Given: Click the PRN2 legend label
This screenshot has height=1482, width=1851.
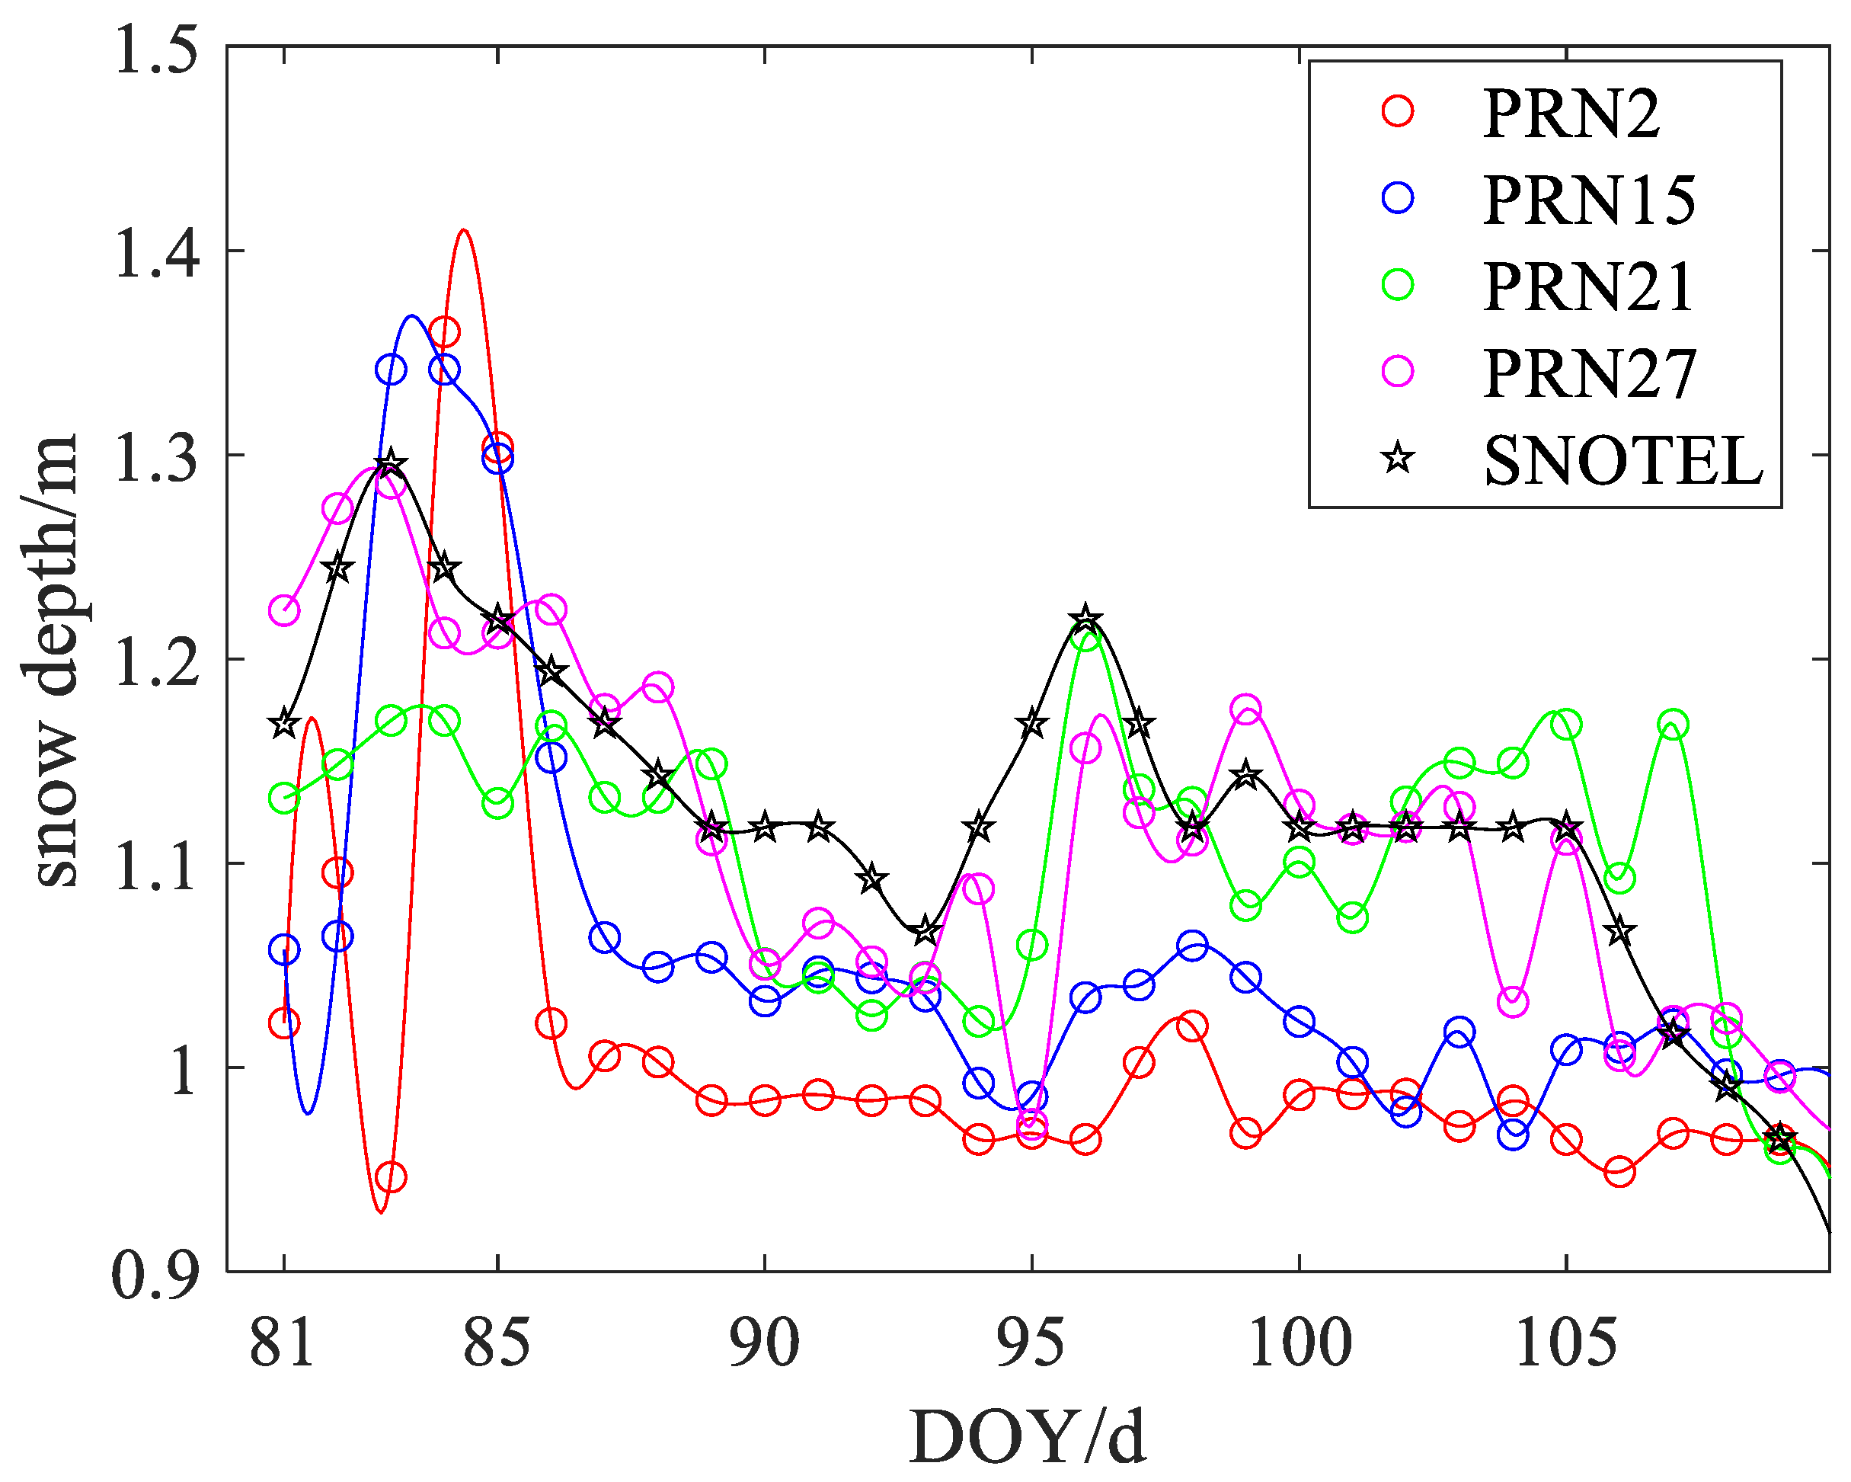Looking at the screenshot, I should pyautogui.click(x=1571, y=114).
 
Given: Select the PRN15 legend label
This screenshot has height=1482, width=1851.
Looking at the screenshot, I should pyautogui.click(x=1589, y=200).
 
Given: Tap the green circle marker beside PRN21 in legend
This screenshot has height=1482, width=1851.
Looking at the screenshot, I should pyautogui.click(x=1398, y=284).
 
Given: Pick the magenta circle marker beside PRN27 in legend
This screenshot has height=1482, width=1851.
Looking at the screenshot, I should pyautogui.click(x=1398, y=371).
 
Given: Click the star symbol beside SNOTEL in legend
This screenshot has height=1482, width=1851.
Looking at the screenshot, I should pyautogui.click(x=1398, y=459).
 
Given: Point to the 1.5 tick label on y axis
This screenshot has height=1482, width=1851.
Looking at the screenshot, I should pyautogui.click(x=155, y=48).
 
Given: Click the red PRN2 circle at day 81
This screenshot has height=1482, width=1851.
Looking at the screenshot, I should pyautogui.click(x=284, y=1023).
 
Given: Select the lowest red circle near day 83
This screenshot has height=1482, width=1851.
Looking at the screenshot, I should pyautogui.click(x=391, y=1177).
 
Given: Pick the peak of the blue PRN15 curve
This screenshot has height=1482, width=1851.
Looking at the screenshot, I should pyautogui.click(x=412, y=316).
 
